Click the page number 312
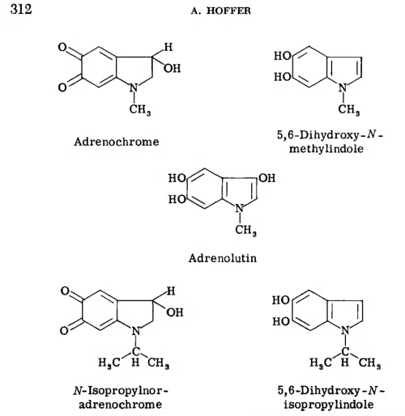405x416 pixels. tap(21, 9)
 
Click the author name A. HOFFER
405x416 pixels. tap(221, 11)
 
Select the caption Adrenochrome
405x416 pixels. tap(117, 142)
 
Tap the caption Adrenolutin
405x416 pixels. tap(223, 258)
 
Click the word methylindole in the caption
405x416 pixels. tap(326, 149)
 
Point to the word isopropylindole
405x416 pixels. tap(329, 405)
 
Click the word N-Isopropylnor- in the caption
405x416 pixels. tap(121, 391)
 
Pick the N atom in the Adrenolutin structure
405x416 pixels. tap(240, 209)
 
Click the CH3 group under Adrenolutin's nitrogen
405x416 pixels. tap(245, 230)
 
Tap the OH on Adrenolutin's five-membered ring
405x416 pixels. tap(267, 178)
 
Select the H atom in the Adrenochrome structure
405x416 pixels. tap(168, 47)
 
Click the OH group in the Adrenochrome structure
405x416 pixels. tap(172, 68)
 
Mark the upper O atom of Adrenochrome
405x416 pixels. tap(62, 47)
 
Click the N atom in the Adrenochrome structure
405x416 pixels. tap(134, 88)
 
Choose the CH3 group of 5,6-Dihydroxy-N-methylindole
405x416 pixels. tap(349, 109)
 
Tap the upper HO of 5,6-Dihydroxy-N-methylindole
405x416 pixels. tap(283, 56)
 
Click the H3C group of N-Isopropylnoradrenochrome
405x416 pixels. tap(109, 363)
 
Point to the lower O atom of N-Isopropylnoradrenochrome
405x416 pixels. tap(64, 330)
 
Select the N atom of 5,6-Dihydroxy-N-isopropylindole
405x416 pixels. tap(345, 330)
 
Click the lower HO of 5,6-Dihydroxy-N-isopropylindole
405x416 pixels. tap(281, 321)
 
